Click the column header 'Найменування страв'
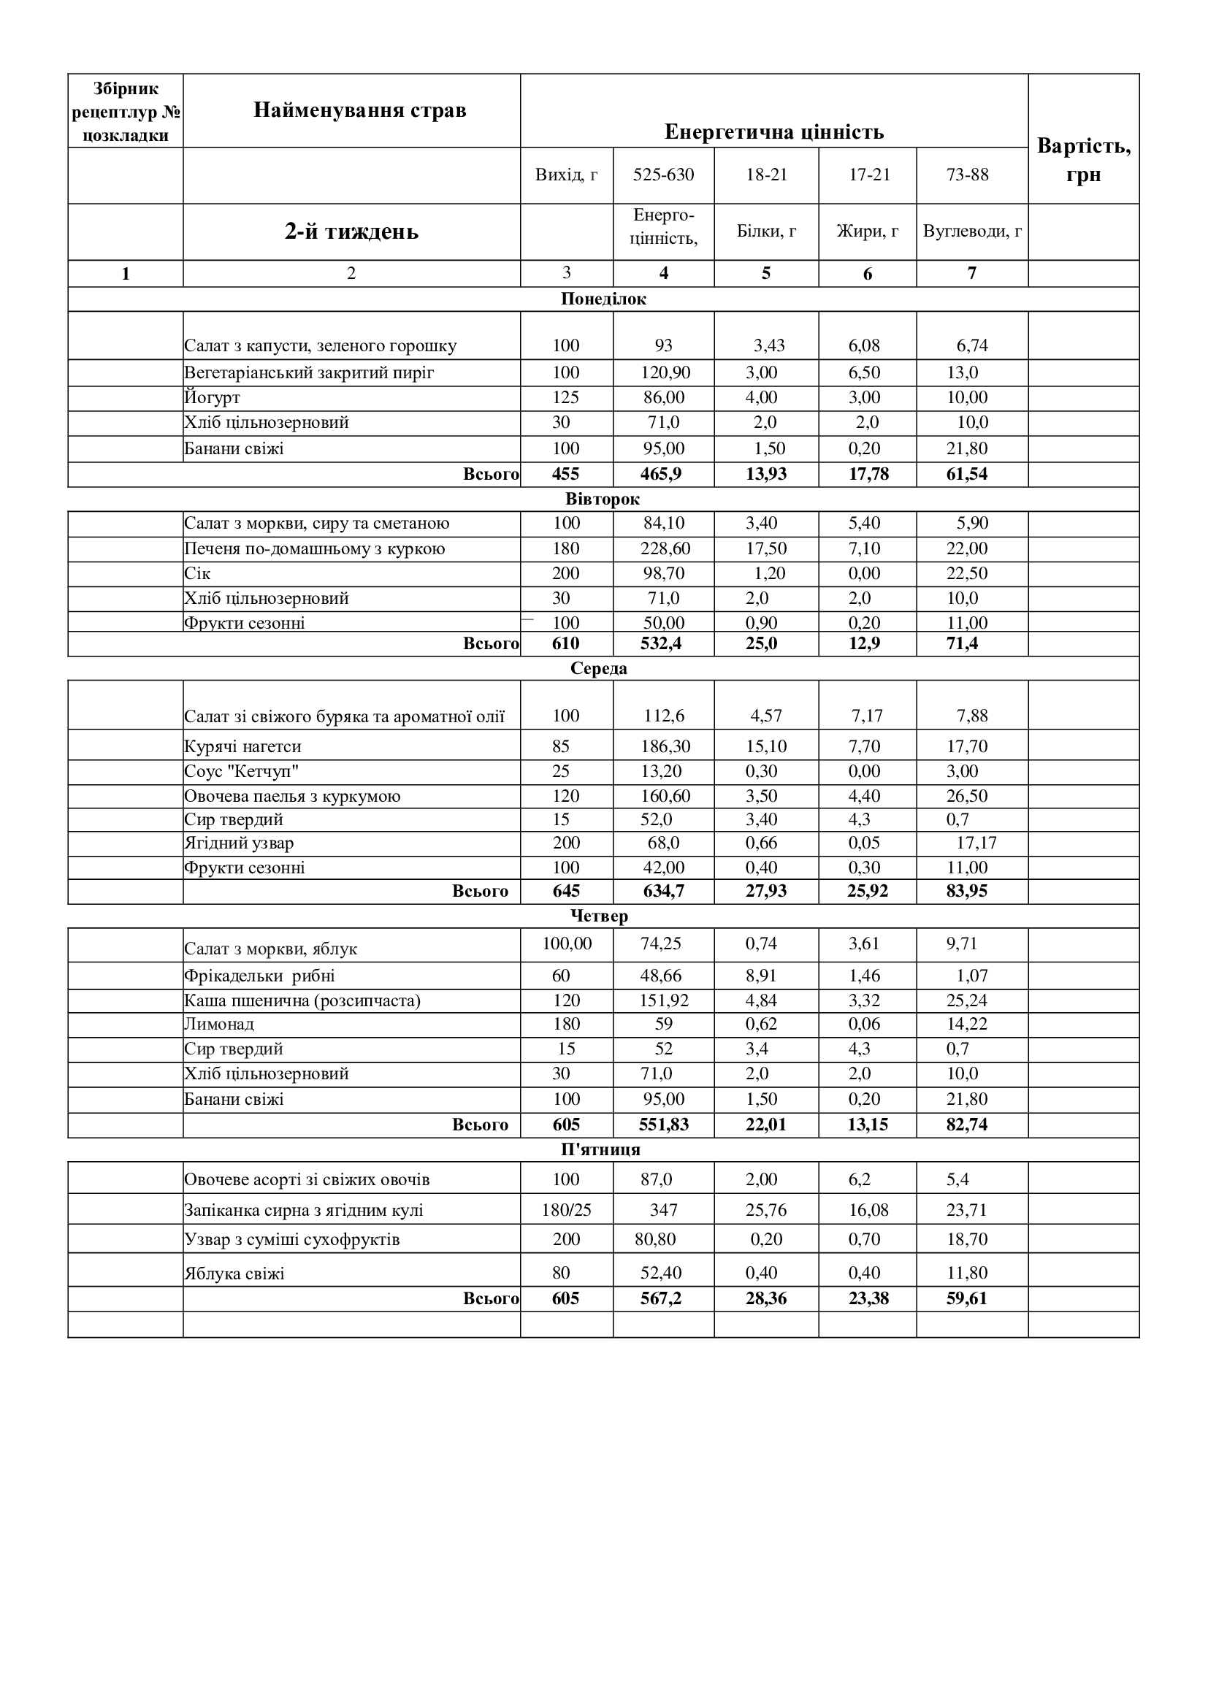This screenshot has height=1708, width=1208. pyautogui.click(x=360, y=110)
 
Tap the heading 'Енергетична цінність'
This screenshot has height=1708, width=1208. pyautogui.click(x=773, y=132)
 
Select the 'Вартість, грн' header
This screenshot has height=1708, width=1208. pyautogui.click(x=1084, y=160)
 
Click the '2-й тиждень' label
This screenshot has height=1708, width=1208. pyautogui.click(x=351, y=231)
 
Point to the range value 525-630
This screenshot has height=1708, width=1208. pyautogui.click(x=663, y=175)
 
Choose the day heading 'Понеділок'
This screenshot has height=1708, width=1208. pyautogui.click(x=603, y=299)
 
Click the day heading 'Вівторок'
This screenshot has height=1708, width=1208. pyautogui.click(x=603, y=499)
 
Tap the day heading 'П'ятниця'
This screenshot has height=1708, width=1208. pyautogui.click(x=600, y=1149)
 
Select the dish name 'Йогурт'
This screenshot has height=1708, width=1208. pyautogui.click(x=213, y=398)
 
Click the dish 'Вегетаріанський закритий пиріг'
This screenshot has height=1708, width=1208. pyautogui.click(x=309, y=372)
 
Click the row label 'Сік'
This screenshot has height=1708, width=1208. pyautogui.click(x=198, y=573)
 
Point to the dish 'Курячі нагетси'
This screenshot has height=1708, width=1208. pyautogui.click(x=242, y=746)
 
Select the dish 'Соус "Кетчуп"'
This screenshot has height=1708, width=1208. pyautogui.click(x=242, y=771)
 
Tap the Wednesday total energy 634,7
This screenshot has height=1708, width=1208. pyautogui.click(x=663, y=891)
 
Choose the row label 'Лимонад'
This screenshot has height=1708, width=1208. pyautogui.click(x=219, y=1025)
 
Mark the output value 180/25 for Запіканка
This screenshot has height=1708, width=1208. pyautogui.click(x=566, y=1210)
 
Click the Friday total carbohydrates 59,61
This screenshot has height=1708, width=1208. pyautogui.click(x=966, y=1299)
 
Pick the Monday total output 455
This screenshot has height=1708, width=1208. pyautogui.click(x=566, y=475)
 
